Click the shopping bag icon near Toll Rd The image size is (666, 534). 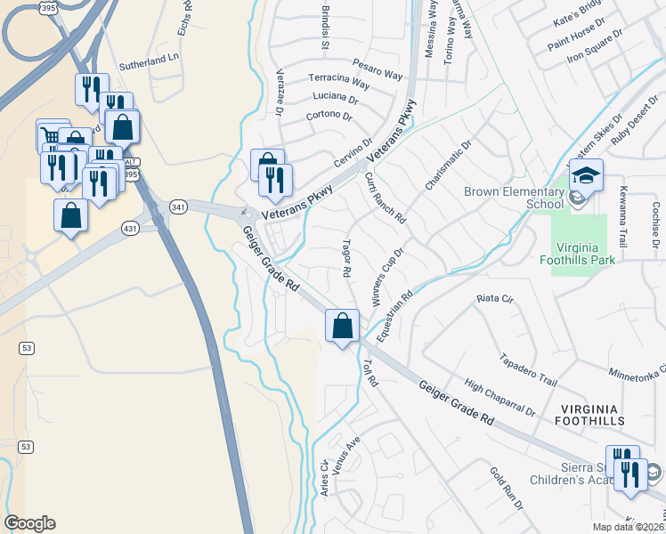click(342, 326)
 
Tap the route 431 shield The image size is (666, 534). click(130, 229)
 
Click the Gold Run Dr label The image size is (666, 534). click(507, 487)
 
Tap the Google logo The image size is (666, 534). click(29, 522)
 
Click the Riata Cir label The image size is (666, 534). click(495, 298)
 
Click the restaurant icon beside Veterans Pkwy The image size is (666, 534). click(276, 181)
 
